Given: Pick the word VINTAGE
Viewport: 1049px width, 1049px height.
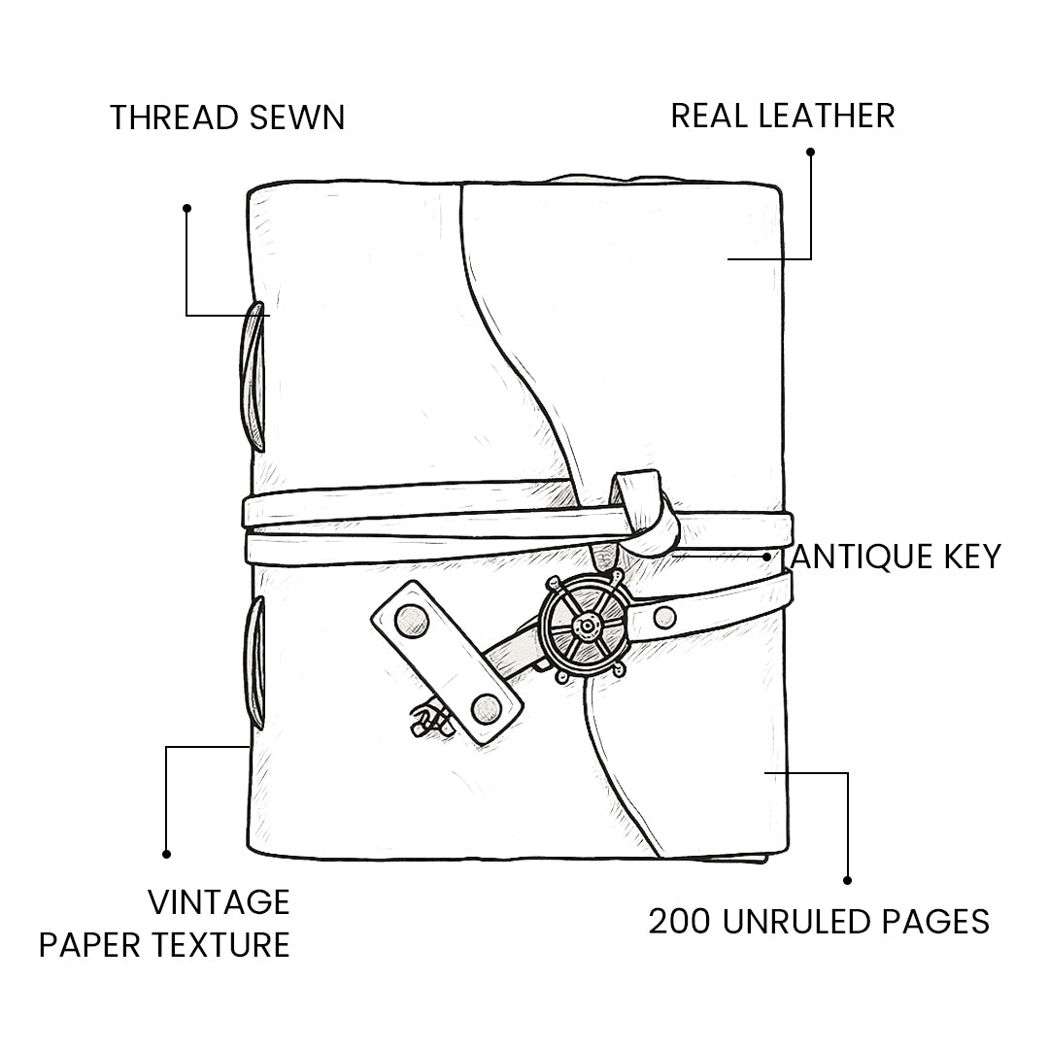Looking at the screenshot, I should tap(219, 902).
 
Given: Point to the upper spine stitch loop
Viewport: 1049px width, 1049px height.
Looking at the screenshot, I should tap(254, 377).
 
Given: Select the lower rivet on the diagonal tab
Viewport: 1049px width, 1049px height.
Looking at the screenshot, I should tap(486, 709).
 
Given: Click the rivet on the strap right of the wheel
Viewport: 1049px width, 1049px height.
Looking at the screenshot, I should tap(664, 617).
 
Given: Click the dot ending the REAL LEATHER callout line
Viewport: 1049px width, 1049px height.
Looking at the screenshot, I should tap(810, 152).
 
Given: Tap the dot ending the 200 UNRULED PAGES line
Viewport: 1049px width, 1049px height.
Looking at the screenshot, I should tap(847, 880).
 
